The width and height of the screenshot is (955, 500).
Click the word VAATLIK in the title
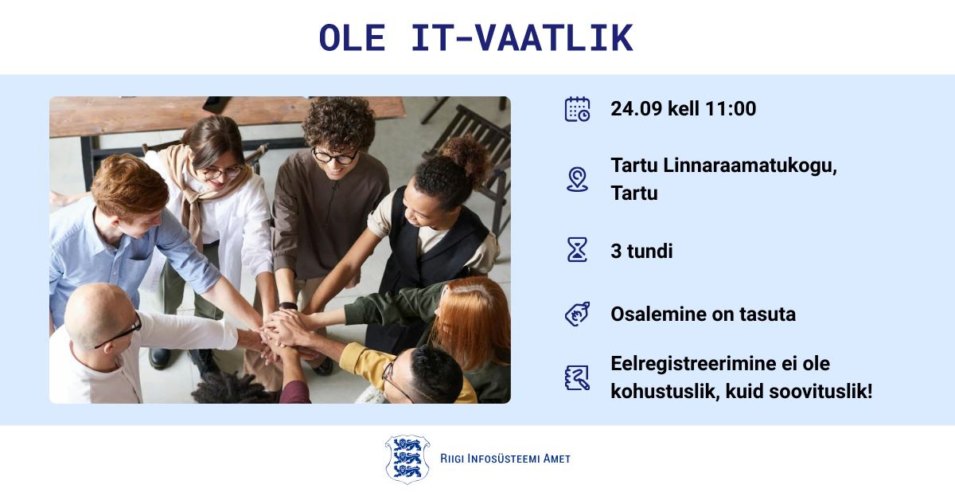coord(554,38)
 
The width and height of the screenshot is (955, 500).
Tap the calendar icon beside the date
coord(577,109)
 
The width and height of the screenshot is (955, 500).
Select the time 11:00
coord(731,109)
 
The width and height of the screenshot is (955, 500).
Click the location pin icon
coord(577,179)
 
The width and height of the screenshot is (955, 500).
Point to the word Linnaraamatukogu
coord(750,166)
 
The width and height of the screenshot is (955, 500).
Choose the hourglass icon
coord(577,249)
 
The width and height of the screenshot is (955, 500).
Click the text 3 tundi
coord(641,251)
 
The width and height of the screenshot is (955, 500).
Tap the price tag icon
coord(577,314)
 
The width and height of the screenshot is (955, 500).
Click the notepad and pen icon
coord(577,377)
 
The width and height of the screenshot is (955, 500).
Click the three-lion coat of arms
coord(407,459)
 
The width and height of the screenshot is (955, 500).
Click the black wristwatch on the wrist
coord(288,306)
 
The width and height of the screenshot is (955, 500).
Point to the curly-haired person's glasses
coord(335,157)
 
